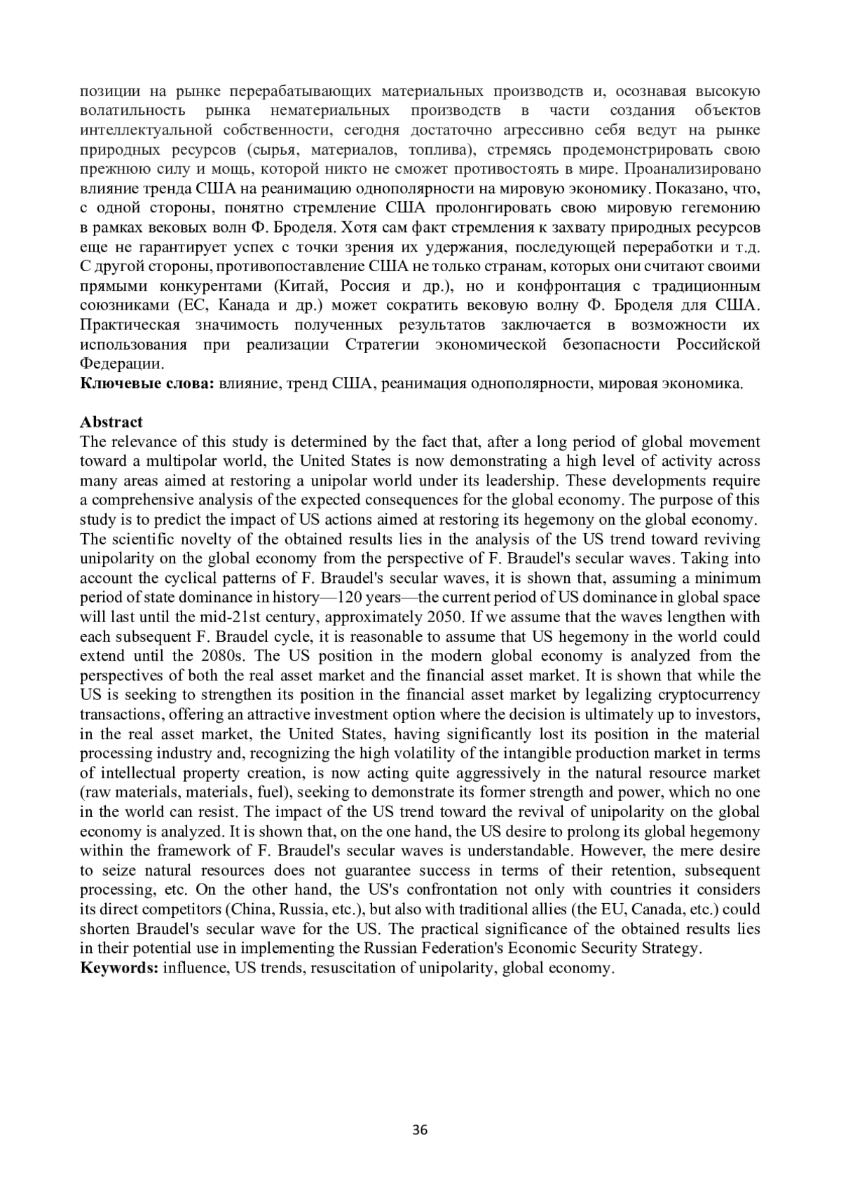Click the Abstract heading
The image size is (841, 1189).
point(111,422)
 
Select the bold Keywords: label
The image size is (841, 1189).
point(118,968)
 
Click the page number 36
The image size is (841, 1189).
point(420,1129)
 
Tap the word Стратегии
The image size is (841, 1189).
point(378,344)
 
